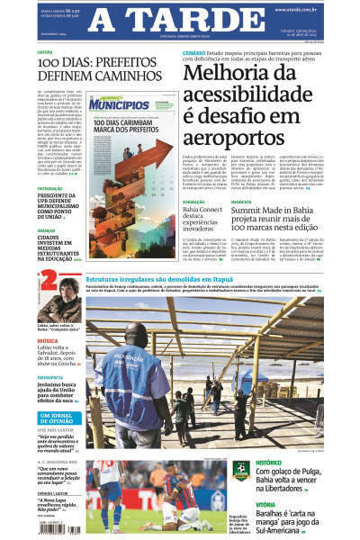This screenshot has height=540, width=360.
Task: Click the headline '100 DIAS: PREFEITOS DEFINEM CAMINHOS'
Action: (79, 72)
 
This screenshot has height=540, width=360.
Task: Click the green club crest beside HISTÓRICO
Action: (240, 470)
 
